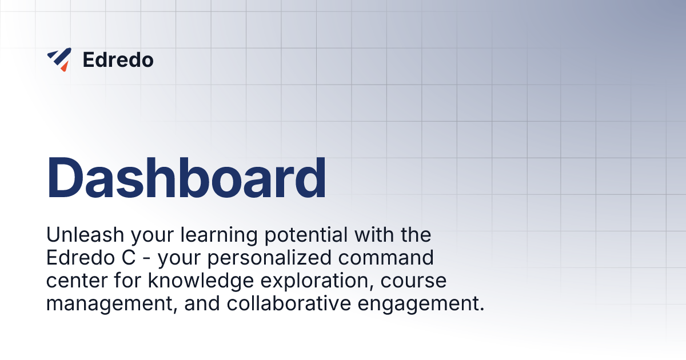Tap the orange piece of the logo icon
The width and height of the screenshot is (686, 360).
pyautogui.click(x=64, y=67)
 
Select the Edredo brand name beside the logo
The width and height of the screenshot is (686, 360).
pyautogui.click(x=118, y=60)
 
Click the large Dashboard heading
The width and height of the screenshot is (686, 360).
pyautogui.click(x=186, y=177)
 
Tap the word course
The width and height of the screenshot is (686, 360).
pyautogui.click(x=416, y=282)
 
